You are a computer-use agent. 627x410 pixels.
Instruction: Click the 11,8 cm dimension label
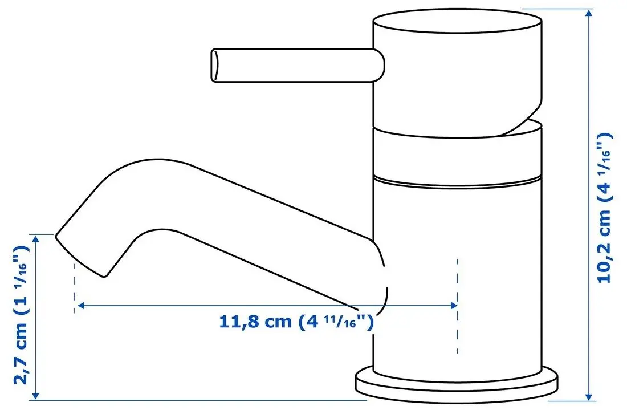296,322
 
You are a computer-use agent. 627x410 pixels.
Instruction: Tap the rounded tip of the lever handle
215,64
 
